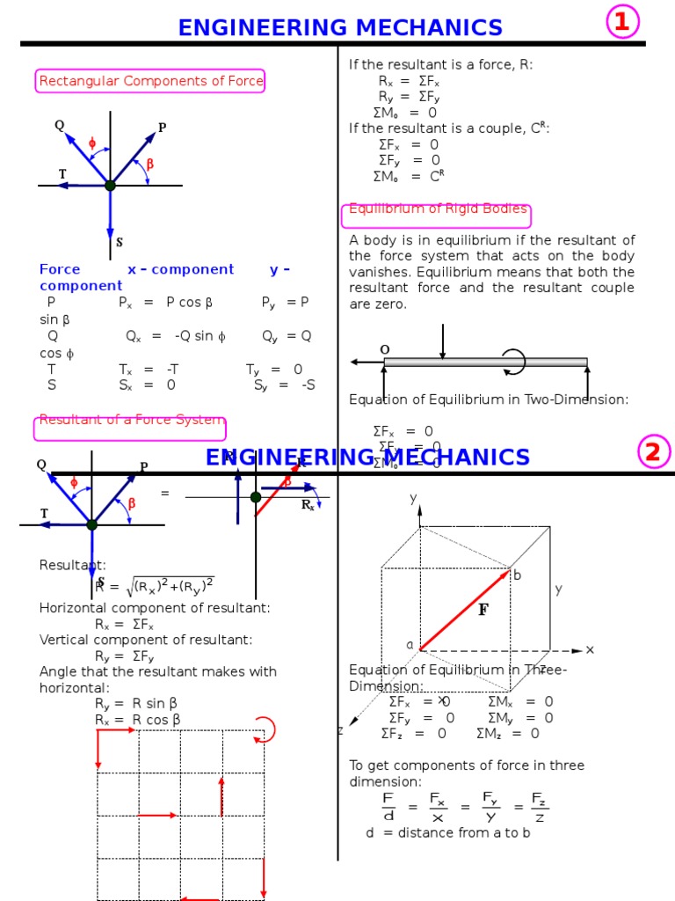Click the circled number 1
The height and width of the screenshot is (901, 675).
[x=622, y=23]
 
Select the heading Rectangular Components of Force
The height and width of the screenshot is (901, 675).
[x=150, y=82]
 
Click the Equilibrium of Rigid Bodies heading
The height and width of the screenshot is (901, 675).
[x=438, y=209]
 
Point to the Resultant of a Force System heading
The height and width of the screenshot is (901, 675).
[x=131, y=421]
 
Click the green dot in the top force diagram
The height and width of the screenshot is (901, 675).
[x=110, y=186]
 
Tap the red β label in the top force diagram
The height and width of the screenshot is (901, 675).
[x=149, y=164]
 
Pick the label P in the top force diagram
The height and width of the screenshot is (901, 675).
[x=162, y=128]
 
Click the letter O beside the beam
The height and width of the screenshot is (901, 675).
[x=384, y=349]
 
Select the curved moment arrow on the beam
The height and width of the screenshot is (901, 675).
[x=512, y=361]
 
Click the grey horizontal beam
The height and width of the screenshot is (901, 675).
[x=485, y=362]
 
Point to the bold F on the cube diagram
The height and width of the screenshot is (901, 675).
[x=483, y=610]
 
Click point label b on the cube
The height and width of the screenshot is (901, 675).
[x=517, y=575]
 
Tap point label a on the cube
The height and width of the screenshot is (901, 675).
[x=409, y=644]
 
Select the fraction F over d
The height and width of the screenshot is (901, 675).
[x=388, y=806]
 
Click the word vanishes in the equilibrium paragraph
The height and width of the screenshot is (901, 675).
[x=381, y=272]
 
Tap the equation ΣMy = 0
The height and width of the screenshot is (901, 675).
[x=520, y=717]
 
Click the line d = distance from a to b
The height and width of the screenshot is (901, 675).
[x=448, y=832]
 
